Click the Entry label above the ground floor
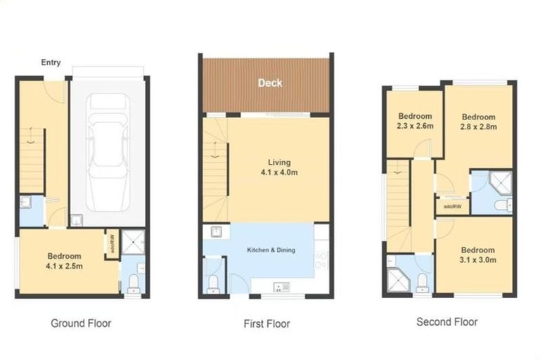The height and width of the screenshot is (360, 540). [x=51, y=63]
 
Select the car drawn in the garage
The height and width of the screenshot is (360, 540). [x=108, y=153]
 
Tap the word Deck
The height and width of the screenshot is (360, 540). [x=270, y=83]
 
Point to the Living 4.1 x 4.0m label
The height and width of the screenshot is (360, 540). [x=279, y=167]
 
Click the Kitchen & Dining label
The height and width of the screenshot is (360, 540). [x=271, y=250]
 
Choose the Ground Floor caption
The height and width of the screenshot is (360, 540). [x=81, y=323]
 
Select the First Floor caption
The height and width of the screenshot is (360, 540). [x=267, y=324]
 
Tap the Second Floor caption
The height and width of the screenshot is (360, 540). [x=447, y=322]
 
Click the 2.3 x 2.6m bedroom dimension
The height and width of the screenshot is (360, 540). [x=415, y=126]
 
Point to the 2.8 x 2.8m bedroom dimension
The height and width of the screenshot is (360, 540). [x=479, y=127]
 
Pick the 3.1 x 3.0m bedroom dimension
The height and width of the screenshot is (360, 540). [x=478, y=259]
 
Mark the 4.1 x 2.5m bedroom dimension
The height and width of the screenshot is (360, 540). [x=64, y=266]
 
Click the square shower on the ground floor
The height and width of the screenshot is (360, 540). [x=134, y=242]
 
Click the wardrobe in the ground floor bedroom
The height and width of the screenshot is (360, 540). [x=112, y=243]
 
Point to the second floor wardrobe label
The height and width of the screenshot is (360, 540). [x=453, y=207]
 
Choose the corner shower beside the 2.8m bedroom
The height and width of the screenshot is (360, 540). [x=500, y=184]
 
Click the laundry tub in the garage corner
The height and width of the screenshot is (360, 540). [x=77, y=221]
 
